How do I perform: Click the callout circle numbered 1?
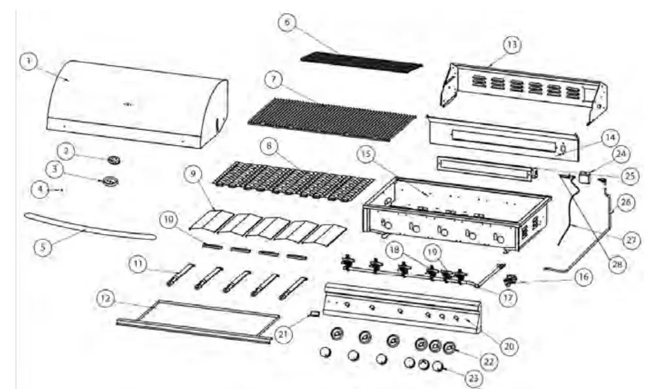[x=28, y=62]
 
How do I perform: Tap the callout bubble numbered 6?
[x=285, y=22]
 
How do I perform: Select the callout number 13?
[x=512, y=44]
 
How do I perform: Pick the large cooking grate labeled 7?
[x=332, y=118]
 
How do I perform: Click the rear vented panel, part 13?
[x=523, y=88]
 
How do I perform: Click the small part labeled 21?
[x=313, y=313]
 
